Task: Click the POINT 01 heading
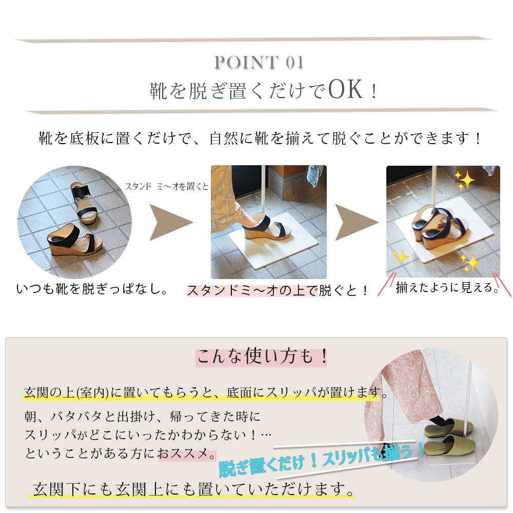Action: click(259, 62)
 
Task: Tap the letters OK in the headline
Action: click(345, 89)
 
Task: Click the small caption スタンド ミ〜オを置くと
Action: click(167, 187)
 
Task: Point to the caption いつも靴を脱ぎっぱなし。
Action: click(92, 289)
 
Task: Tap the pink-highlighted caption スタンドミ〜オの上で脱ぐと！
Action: click(278, 290)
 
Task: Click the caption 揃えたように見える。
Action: click(447, 288)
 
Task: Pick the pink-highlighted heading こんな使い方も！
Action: click(262, 357)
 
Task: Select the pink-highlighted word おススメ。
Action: click(187, 454)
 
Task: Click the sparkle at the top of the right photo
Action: click(464, 180)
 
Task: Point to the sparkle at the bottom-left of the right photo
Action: click(401, 257)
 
